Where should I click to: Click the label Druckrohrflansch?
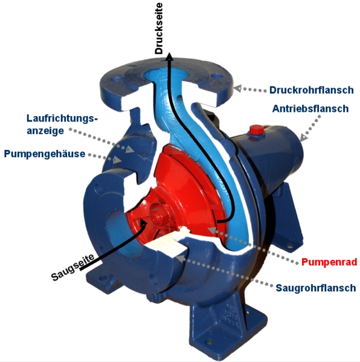pyautogui.click(x=311, y=90)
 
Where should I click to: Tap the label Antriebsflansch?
pyautogui.click(x=310, y=109)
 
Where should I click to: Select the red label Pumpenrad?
pyautogui.click(x=329, y=262)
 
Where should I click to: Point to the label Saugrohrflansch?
pyautogui.click(x=316, y=288)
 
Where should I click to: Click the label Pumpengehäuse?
pyautogui.click(x=45, y=154)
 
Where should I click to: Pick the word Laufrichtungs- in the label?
pyautogui.click(x=62, y=118)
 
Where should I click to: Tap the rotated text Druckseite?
pyautogui.click(x=159, y=28)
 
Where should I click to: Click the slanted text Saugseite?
pyautogui.click(x=72, y=267)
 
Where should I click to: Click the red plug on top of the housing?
pyautogui.click(x=256, y=129)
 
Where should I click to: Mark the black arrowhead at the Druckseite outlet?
pyautogui.click(x=170, y=56)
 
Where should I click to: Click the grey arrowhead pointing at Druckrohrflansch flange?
pyautogui.click(x=238, y=88)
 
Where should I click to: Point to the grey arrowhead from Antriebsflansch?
pyautogui.click(x=304, y=137)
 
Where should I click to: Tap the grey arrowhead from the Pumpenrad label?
pyautogui.click(x=212, y=230)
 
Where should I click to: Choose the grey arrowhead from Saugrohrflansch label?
pyautogui.click(x=181, y=258)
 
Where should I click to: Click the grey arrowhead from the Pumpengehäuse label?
pyautogui.click(x=117, y=160)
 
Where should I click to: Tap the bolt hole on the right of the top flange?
pyautogui.click(x=217, y=76)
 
